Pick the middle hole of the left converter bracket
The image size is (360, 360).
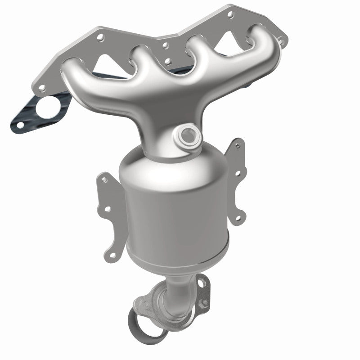click(107, 209)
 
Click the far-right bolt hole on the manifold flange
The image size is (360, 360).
click(283, 41)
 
